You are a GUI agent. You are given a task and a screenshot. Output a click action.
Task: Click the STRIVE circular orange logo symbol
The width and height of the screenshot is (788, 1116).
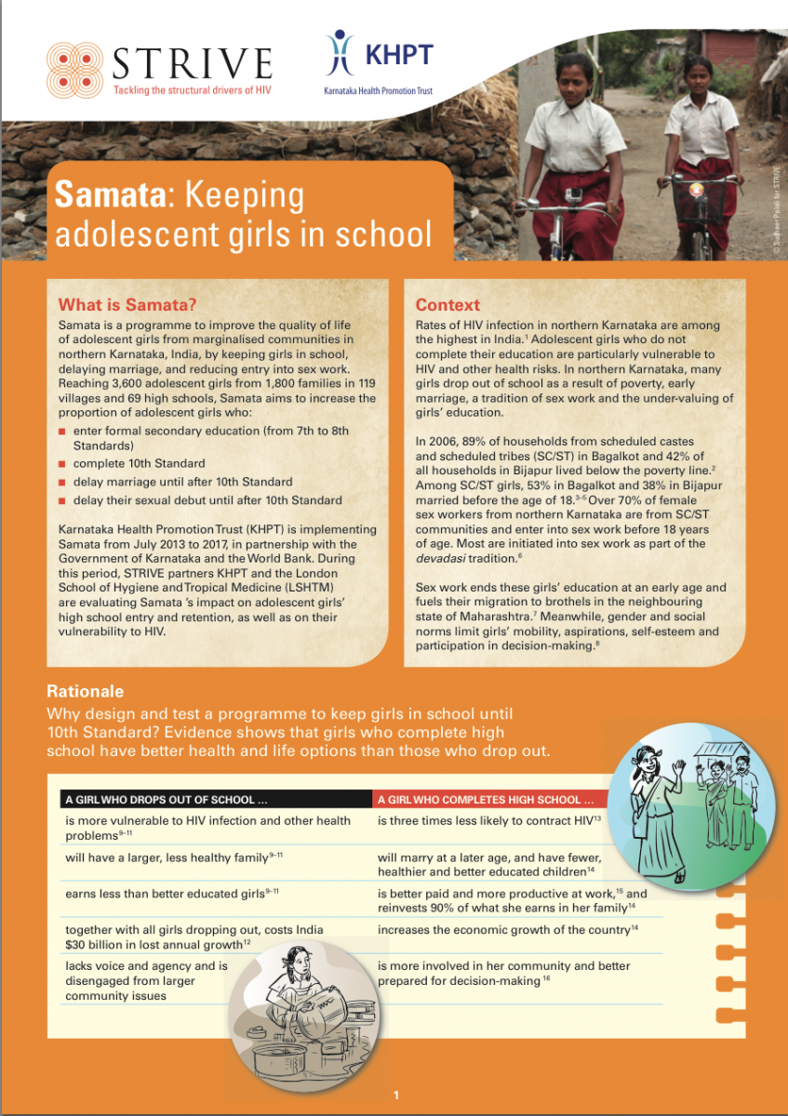pyautogui.click(x=74, y=63)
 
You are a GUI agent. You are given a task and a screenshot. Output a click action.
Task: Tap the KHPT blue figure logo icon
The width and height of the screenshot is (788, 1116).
pyautogui.click(x=340, y=54)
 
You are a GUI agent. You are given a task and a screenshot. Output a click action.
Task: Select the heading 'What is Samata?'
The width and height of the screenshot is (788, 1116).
pyautogui.click(x=114, y=304)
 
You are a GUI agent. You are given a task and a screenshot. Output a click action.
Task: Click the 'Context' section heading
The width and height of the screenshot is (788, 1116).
pyautogui.click(x=447, y=304)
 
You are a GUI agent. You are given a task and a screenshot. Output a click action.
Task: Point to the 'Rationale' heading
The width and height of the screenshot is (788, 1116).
pyautogui.click(x=85, y=692)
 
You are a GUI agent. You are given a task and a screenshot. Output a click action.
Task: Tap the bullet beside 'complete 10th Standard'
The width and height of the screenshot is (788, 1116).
pyautogui.click(x=61, y=463)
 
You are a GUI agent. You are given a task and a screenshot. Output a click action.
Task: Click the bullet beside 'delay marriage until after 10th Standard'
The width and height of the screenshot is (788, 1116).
pyautogui.click(x=61, y=482)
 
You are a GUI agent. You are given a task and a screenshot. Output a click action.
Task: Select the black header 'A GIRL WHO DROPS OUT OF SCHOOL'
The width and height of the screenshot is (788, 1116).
pyautogui.click(x=167, y=799)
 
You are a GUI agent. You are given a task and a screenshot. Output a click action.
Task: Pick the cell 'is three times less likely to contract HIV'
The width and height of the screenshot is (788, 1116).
pyautogui.click(x=488, y=820)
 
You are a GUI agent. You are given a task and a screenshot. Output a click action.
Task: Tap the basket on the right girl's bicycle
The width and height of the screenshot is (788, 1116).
pyautogui.click(x=695, y=203)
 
